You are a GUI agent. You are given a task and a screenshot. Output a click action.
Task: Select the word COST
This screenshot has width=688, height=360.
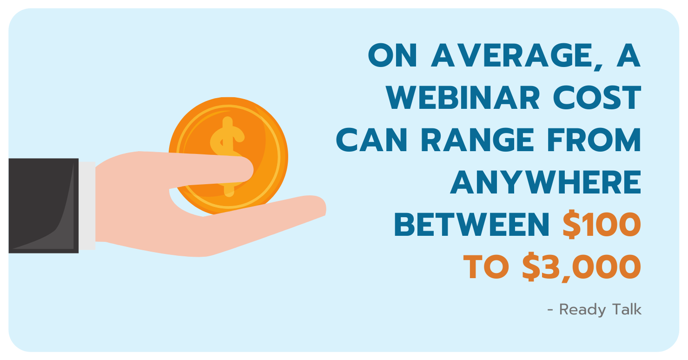[597, 98]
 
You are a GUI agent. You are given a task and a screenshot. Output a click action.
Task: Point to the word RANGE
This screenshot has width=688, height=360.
[477, 140]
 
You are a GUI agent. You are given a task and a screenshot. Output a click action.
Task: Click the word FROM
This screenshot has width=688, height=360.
[594, 140]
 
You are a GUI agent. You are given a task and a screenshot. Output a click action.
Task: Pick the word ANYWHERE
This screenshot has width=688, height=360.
[545, 182]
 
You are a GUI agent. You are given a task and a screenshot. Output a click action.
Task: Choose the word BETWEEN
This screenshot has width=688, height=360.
[471, 225]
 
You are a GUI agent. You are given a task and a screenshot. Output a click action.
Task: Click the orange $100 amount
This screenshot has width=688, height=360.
[602, 224]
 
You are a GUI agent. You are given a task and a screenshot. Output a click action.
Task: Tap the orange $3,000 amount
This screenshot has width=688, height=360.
[582, 267]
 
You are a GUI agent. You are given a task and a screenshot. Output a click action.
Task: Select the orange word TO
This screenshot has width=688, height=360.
[486, 267]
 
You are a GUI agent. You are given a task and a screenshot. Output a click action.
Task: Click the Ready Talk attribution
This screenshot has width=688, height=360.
[594, 310]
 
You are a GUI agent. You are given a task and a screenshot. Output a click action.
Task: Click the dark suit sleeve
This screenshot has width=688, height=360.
[44, 206]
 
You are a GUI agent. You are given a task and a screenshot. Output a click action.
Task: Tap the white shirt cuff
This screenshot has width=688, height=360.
[87, 206]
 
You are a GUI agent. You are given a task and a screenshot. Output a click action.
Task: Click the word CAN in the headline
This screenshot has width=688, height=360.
[371, 140]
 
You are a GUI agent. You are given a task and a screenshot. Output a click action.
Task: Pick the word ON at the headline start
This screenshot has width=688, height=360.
[392, 55]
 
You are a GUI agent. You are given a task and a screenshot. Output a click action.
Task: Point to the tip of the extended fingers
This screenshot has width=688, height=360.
[325, 207]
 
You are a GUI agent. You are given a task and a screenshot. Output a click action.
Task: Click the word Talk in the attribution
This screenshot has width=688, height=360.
[627, 309]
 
